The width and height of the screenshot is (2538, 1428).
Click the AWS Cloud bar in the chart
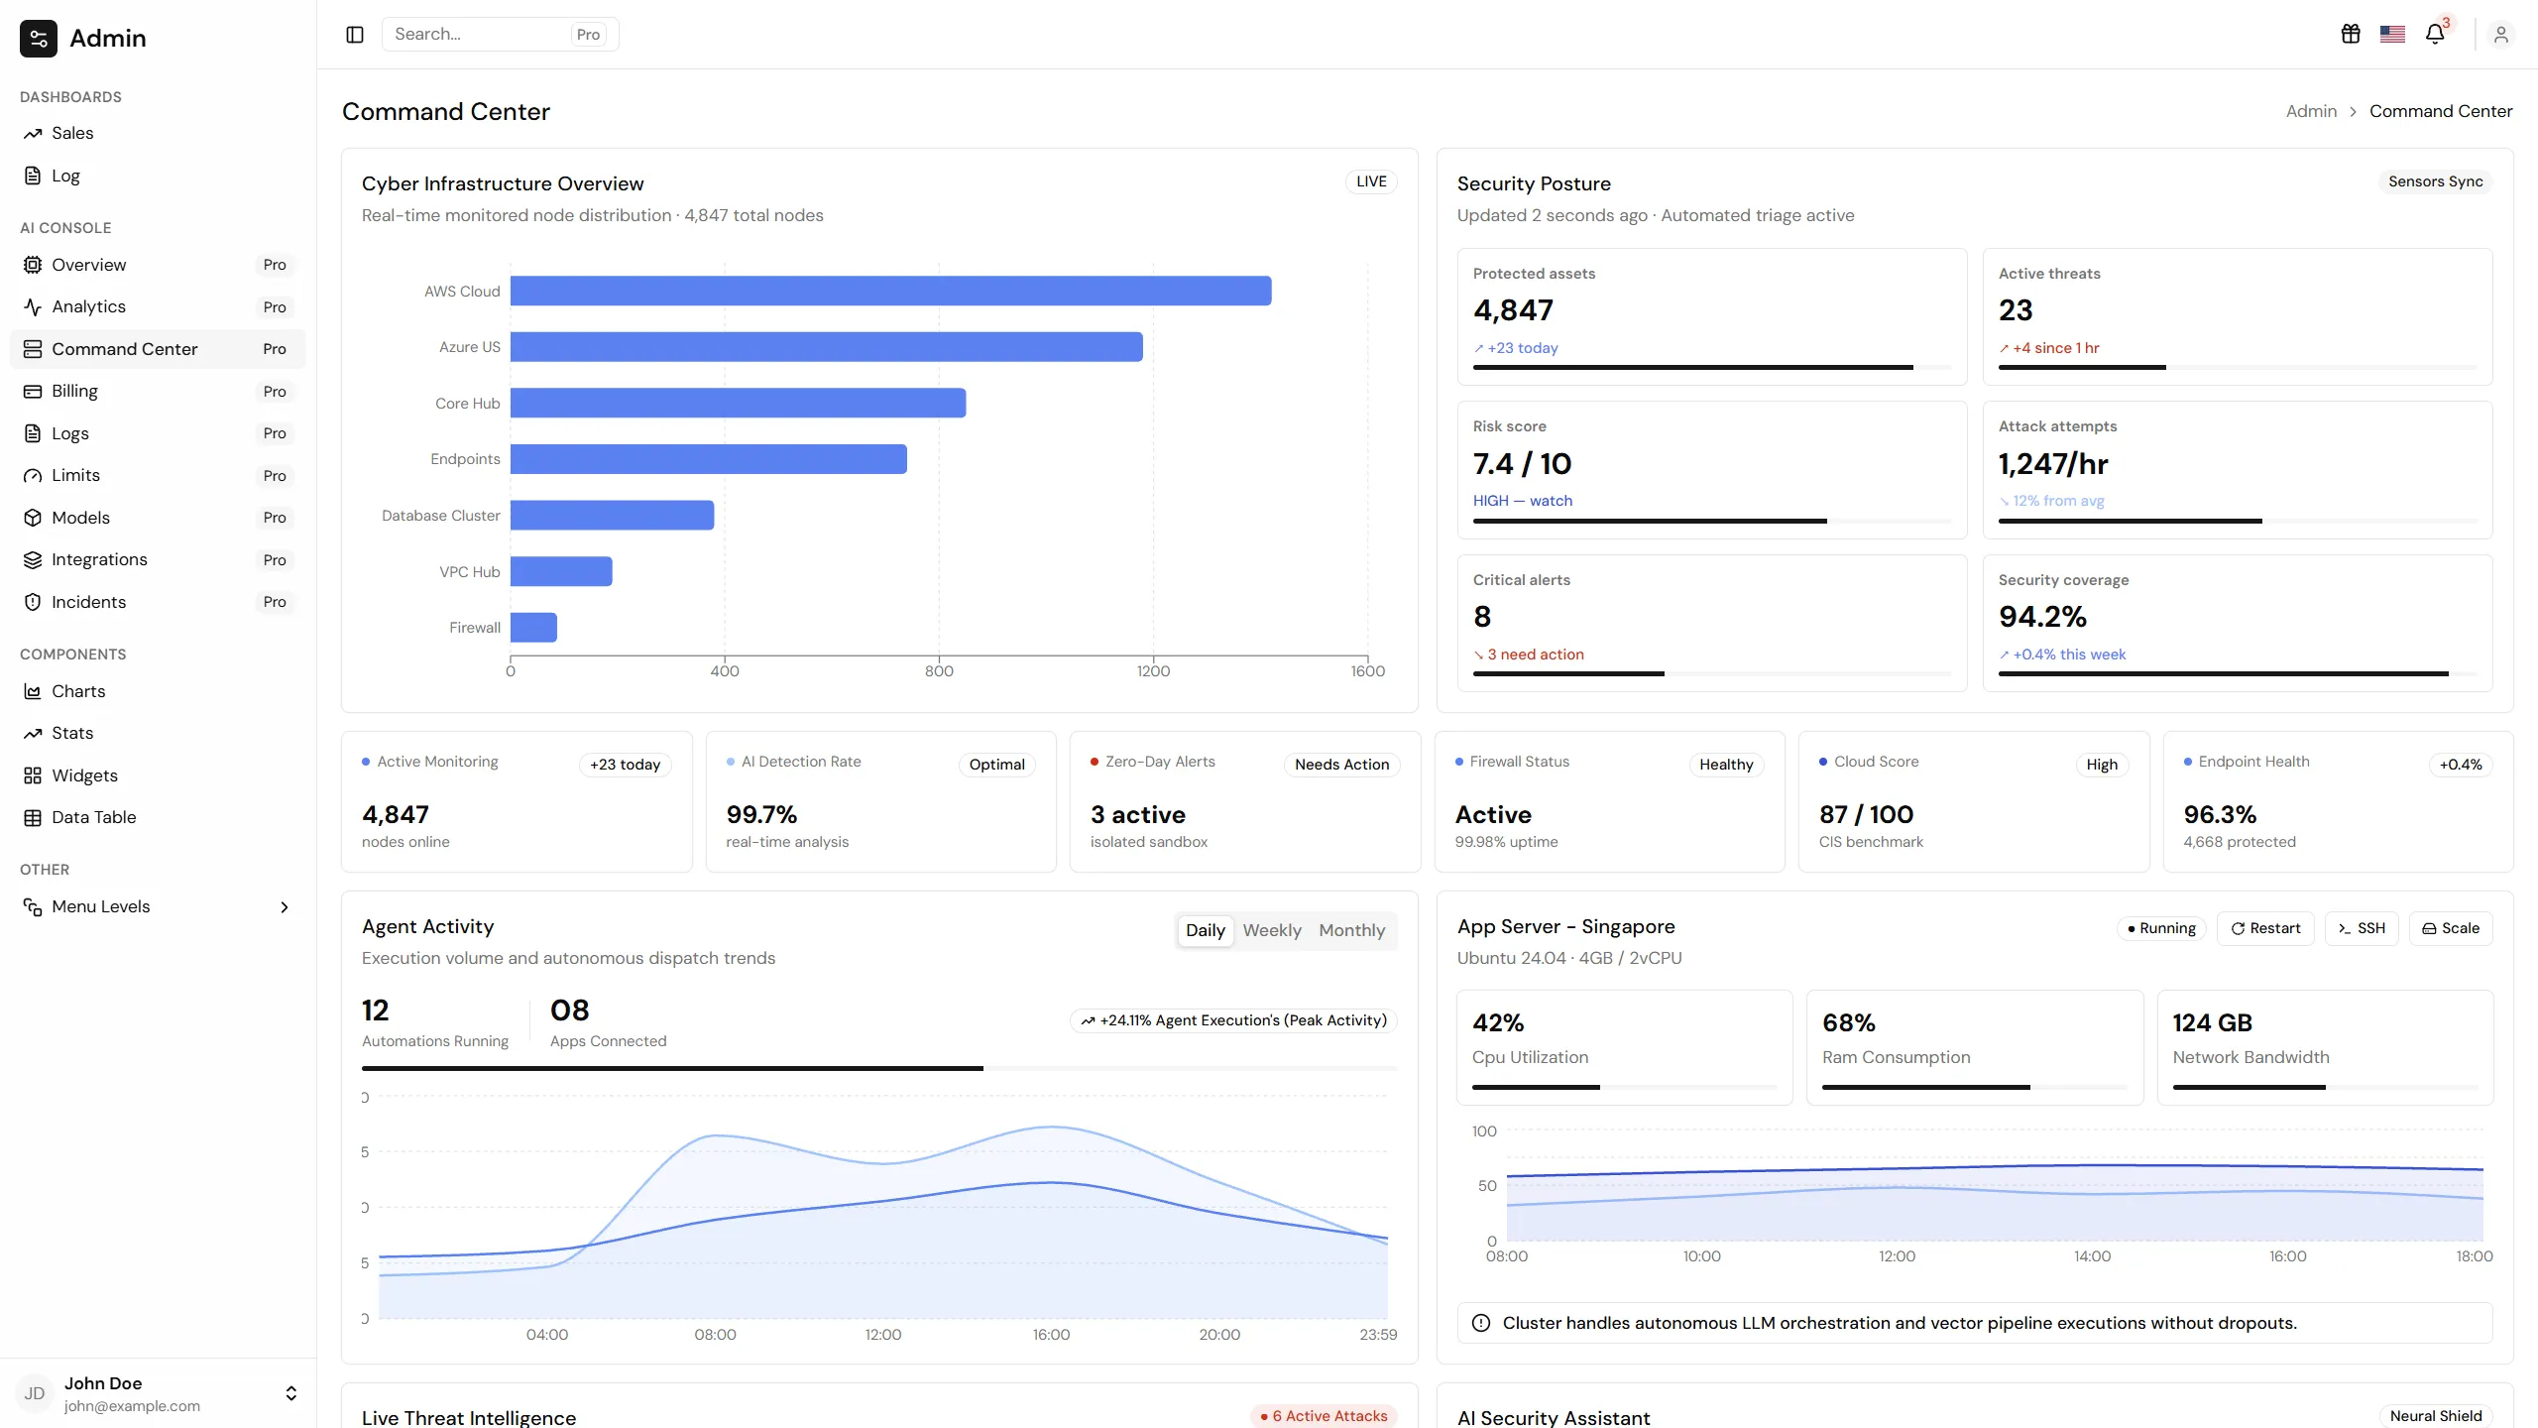pos(890,291)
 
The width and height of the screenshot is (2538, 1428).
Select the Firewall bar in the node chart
pos(533,627)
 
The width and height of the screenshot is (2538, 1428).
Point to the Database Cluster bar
pos(612,515)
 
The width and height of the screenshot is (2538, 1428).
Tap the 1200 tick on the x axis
pos(1153,671)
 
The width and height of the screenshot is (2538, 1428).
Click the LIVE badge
pos(1371,181)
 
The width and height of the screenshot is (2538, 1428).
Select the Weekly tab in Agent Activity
pos(1272,930)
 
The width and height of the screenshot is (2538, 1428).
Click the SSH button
pos(2362,928)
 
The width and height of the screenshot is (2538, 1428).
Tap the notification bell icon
pos(2435,35)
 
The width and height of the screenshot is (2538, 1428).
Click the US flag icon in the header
pos(2392,35)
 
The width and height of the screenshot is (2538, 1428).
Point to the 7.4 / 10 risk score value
pos(1522,463)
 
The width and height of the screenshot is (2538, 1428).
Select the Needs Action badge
pos(1341,765)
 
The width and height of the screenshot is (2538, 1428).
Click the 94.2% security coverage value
pos(2042,617)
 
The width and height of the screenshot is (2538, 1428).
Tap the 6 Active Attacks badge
pos(1324,1416)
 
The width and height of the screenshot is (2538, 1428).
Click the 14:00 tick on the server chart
pos(2092,1256)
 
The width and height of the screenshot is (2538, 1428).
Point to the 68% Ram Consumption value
pos(1848,1022)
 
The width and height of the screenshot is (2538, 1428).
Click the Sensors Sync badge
pos(2435,181)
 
